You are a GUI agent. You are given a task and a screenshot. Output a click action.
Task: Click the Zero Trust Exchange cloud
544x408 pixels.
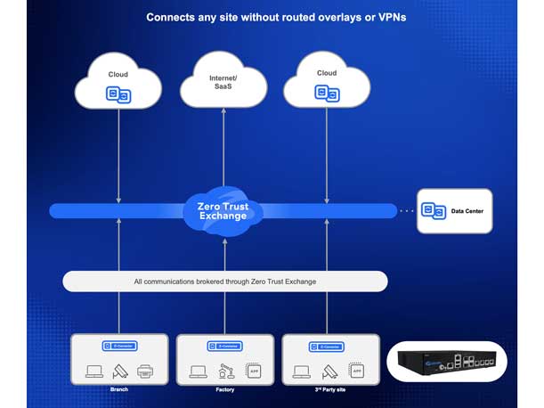tap(223, 210)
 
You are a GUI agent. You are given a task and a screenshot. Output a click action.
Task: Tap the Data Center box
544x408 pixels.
tap(454, 210)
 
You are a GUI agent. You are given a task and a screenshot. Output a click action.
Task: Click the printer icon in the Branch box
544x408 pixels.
tap(145, 371)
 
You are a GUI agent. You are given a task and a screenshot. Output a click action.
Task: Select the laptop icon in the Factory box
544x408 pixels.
tap(197, 371)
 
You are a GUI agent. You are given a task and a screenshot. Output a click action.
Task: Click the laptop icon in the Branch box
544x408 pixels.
tap(93, 371)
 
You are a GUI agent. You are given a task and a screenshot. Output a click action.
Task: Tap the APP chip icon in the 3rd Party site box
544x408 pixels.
tap(355, 371)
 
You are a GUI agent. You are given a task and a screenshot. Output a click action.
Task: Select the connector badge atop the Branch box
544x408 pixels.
tap(119, 346)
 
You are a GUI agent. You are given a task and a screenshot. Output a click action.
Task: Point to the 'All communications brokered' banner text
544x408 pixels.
tap(224, 282)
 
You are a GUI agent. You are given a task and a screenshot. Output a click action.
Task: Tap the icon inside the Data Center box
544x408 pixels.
tap(433, 211)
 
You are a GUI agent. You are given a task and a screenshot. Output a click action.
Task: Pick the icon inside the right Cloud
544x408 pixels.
tap(327, 94)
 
